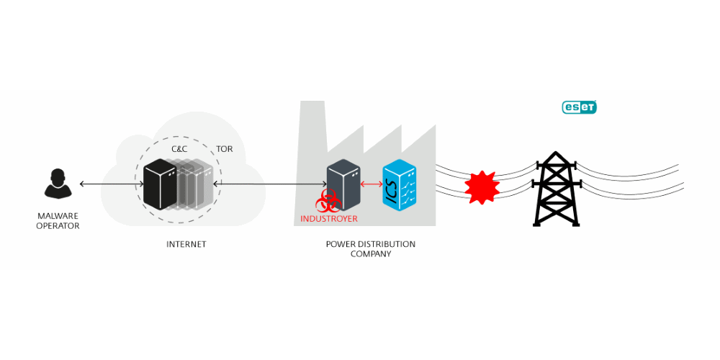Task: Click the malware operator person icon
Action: coord(58,184)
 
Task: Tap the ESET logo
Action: coord(579,107)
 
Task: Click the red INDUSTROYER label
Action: coord(329,219)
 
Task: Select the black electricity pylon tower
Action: coord(556,189)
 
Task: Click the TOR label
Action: coord(224,149)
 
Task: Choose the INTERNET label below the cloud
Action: coord(186,244)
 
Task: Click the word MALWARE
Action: coord(58,215)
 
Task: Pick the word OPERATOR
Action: coord(58,226)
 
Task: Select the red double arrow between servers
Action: coord(372,184)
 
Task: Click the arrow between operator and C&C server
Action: coord(112,184)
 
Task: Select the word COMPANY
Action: coord(371,254)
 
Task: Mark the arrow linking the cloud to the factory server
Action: coord(270,184)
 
